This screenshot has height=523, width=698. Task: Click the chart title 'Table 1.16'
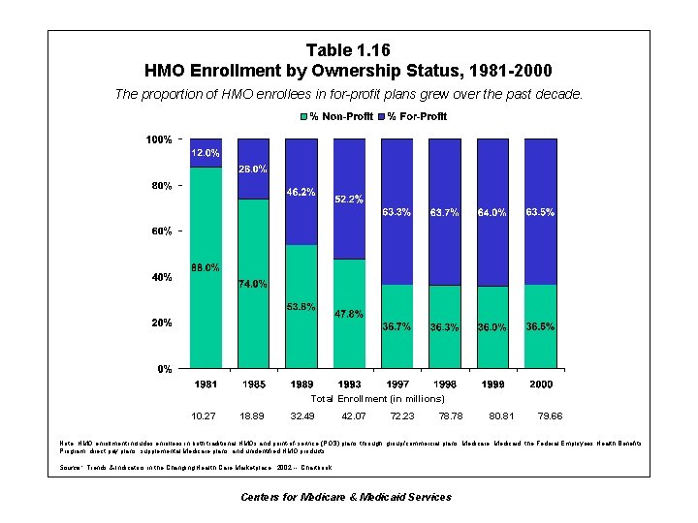(x=348, y=50)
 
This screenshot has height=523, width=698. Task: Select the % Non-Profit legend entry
(x=339, y=117)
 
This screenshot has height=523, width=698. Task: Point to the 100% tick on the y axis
(x=159, y=139)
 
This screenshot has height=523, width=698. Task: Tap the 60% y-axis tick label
(x=161, y=231)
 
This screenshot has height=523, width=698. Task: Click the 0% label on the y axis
(x=165, y=369)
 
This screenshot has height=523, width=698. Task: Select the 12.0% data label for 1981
(x=205, y=153)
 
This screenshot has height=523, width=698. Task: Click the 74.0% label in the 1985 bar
(x=252, y=284)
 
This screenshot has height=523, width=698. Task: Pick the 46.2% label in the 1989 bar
(x=301, y=192)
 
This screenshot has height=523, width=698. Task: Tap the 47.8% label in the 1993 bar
(x=348, y=314)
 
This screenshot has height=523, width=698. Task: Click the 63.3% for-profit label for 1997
(x=397, y=211)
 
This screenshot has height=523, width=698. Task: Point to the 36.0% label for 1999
(x=492, y=327)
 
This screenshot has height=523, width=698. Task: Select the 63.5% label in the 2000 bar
(x=540, y=211)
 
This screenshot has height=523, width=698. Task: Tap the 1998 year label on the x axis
(x=444, y=385)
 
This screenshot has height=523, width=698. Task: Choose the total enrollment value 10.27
(x=205, y=415)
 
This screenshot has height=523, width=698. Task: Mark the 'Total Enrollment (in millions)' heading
(x=377, y=398)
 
